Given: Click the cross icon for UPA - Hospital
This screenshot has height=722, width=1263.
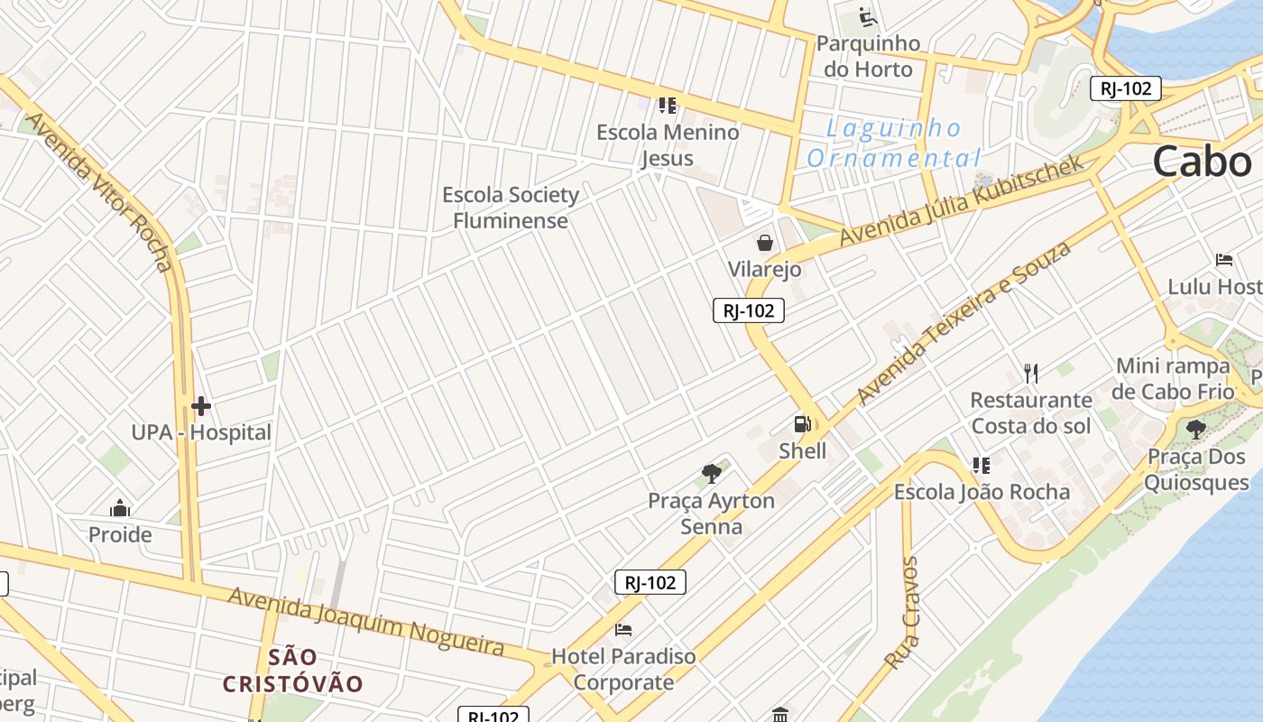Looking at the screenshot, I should tap(200, 406).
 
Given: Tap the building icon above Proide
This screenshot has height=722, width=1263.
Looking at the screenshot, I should tap(119, 508).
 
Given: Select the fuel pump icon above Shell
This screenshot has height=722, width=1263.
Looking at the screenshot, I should tap(801, 424).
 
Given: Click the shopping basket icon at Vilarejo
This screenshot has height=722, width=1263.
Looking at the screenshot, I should tap(765, 243).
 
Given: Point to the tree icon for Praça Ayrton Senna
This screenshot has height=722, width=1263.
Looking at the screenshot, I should tap(712, 473).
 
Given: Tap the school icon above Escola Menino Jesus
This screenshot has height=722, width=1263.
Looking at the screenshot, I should tap(668, 106).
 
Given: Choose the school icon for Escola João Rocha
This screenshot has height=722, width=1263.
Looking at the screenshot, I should tap(982, 466).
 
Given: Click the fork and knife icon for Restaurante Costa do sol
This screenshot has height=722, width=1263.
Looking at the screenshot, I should tap(1031, 373).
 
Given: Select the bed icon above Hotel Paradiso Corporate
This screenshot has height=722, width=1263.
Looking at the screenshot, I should tap(623, 629).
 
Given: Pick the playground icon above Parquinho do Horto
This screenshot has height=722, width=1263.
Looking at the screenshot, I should tap(867, 17).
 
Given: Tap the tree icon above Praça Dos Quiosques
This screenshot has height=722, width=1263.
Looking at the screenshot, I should tap(1196, 430).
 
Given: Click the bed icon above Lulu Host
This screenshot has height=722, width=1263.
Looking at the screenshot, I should tap(1224, 260).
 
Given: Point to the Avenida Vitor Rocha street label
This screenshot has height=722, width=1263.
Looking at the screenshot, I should tap(99, 190).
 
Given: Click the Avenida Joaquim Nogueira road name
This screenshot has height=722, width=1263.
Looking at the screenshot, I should tap(365, 621).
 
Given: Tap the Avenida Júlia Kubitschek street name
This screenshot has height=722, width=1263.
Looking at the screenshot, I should tap(960, 201).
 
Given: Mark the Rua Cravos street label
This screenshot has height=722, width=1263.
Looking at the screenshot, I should tap(902, 613).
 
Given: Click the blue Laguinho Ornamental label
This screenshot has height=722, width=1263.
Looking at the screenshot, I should tap(894, 143).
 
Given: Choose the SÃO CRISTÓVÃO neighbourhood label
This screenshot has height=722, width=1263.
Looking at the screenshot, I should tap(292, 670).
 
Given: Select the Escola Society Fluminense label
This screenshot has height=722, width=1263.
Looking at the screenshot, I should tap(511, 208).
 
